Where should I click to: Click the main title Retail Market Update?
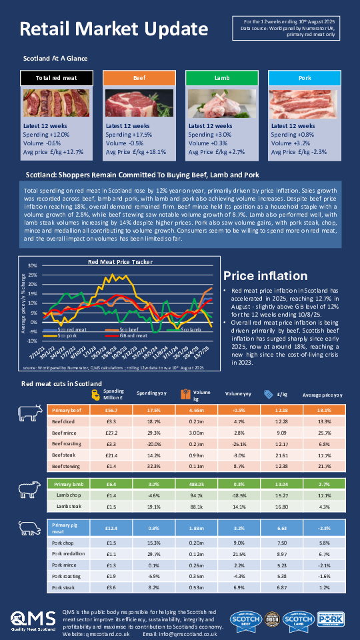coord(113,29)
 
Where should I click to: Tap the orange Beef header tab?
coord(139,79)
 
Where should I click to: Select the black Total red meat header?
coord(57,79)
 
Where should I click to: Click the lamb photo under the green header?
coord(222,103)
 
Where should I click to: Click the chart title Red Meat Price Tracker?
coord(120,262)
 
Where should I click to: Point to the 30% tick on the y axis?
coord(32,266)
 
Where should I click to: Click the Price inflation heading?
coord(265,276)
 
